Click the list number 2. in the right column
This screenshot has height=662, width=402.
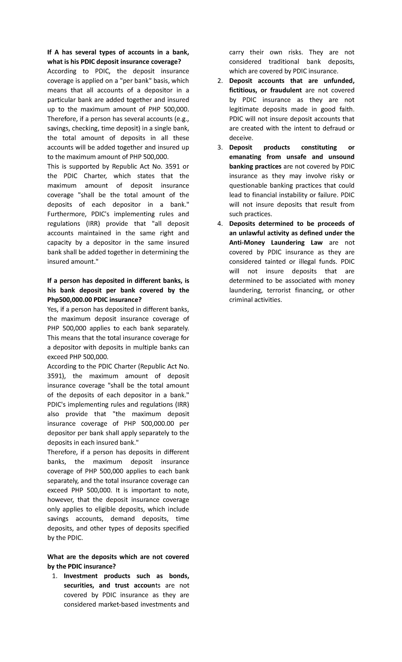[x=220, y=81]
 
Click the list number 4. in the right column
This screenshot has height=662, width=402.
[x=220, y=223]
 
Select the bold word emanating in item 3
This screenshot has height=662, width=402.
[x=245, y=157]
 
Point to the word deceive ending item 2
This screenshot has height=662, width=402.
[x=241, y=138]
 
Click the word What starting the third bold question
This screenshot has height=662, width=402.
[x=56, y=557]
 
